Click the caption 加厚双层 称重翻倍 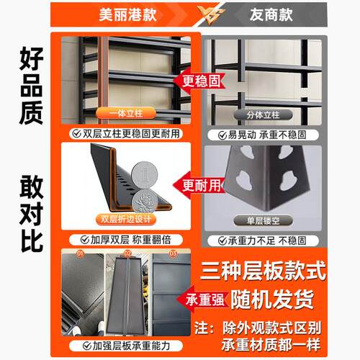[126, 238]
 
